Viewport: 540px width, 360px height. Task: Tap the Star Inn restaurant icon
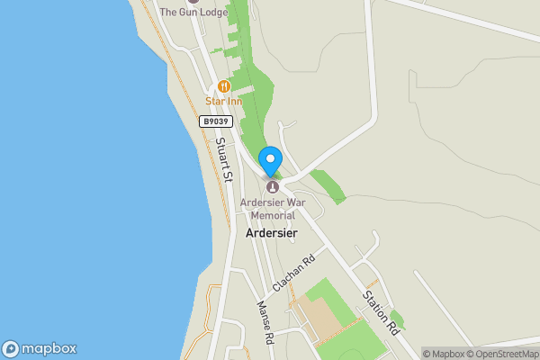223,86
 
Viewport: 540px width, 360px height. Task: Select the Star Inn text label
224,102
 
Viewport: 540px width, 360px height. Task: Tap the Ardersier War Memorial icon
272,186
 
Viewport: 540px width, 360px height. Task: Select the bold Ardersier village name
271,233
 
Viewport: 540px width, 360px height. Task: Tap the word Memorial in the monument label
272,216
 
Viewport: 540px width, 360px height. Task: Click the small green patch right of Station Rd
397,318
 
